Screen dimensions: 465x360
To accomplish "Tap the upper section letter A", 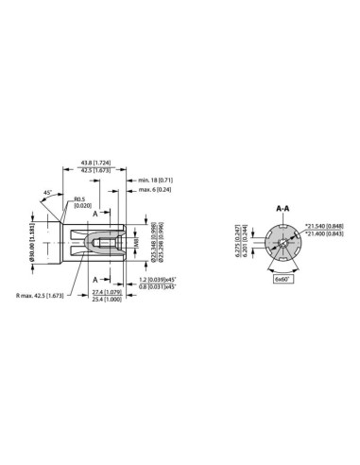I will (x=95, y=213).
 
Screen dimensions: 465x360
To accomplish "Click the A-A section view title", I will (x=281, y=208).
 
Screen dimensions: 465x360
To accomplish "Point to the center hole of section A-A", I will (x=281, y=245).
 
